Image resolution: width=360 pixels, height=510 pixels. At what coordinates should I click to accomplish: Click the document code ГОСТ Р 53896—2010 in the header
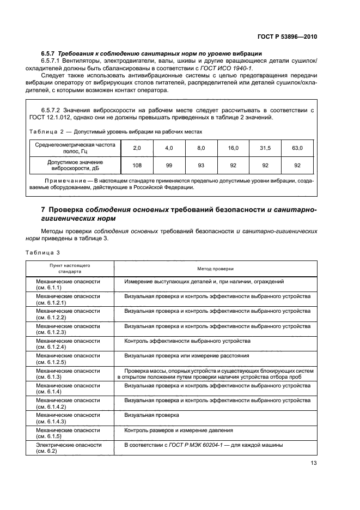tap(287, 37)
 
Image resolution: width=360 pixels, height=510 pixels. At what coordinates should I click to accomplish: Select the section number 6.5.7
tap(49, 53)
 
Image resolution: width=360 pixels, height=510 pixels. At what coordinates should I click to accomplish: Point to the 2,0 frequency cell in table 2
tap(137, 148)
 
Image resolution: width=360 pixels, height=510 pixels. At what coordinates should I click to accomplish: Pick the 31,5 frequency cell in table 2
tap(265, 148)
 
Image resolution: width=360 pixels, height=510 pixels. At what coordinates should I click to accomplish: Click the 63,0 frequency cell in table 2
tap(297, 148)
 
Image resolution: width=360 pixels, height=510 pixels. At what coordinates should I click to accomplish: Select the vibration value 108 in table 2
tap(137, 166)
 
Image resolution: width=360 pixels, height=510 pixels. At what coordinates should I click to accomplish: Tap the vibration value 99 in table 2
tap(169, 166)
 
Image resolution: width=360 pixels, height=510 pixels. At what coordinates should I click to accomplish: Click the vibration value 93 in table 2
tap(201, 166)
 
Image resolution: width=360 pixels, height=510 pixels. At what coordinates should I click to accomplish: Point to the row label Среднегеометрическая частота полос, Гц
tap(76, 148)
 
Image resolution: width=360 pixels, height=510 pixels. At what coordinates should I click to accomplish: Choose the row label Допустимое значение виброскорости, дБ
tap(76, 166)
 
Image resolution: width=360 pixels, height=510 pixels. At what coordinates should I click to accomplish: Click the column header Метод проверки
tap(215, 269)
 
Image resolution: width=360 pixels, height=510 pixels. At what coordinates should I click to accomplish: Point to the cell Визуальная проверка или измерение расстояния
tap(186, 355)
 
